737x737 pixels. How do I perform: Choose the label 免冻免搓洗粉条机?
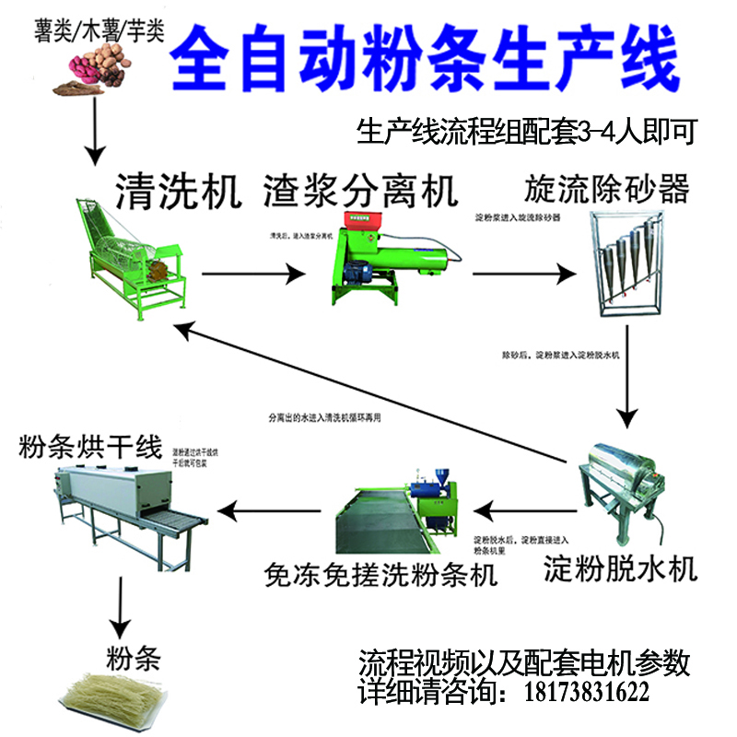(380, 575)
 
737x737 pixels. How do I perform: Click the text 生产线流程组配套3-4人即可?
(525, 131)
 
